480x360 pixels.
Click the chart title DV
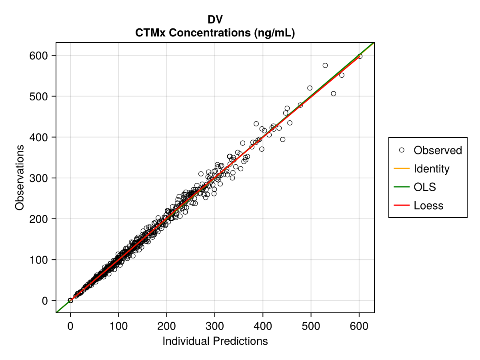pyautogui.click(x=215, y=20)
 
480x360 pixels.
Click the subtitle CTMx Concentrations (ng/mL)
pyautogui.click(x=215, y=33)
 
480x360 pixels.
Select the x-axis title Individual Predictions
pyautogui.click(x=215, y=341)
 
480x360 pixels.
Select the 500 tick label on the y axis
pyautogui.click(x=39, y=96)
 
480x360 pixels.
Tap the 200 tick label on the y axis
pyautogui.click(x=39, y=219)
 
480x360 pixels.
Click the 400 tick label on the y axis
pyautogui.click(x=39, y=137)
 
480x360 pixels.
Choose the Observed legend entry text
pyautogui.click(x=438, y=150)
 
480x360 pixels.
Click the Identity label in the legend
pyautogui.click(x=432, y=169)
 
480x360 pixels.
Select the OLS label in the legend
pyautogui.click(x=425, y=187)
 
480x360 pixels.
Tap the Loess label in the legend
pyautogui.click(x=428, y=206)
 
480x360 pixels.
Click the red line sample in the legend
pyautogui.click(x=402, y=206)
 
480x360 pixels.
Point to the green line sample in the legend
pyautogui.click(x=402, y=187)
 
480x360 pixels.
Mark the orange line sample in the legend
pyautogui.click(x=402, y=169)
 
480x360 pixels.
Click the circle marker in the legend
pyautogui.click(x=402, y=150)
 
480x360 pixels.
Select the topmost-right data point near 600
pyautogui.click(x=360, y=56)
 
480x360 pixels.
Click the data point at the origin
pyautogui.click(x=70, y=300)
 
